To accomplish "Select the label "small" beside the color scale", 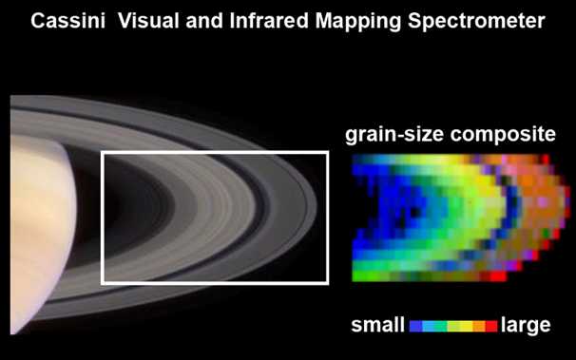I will [378, 326].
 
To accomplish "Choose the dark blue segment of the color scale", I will [416, 326].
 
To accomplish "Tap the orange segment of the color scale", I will [478, 326].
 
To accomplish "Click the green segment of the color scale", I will [441, 326].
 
